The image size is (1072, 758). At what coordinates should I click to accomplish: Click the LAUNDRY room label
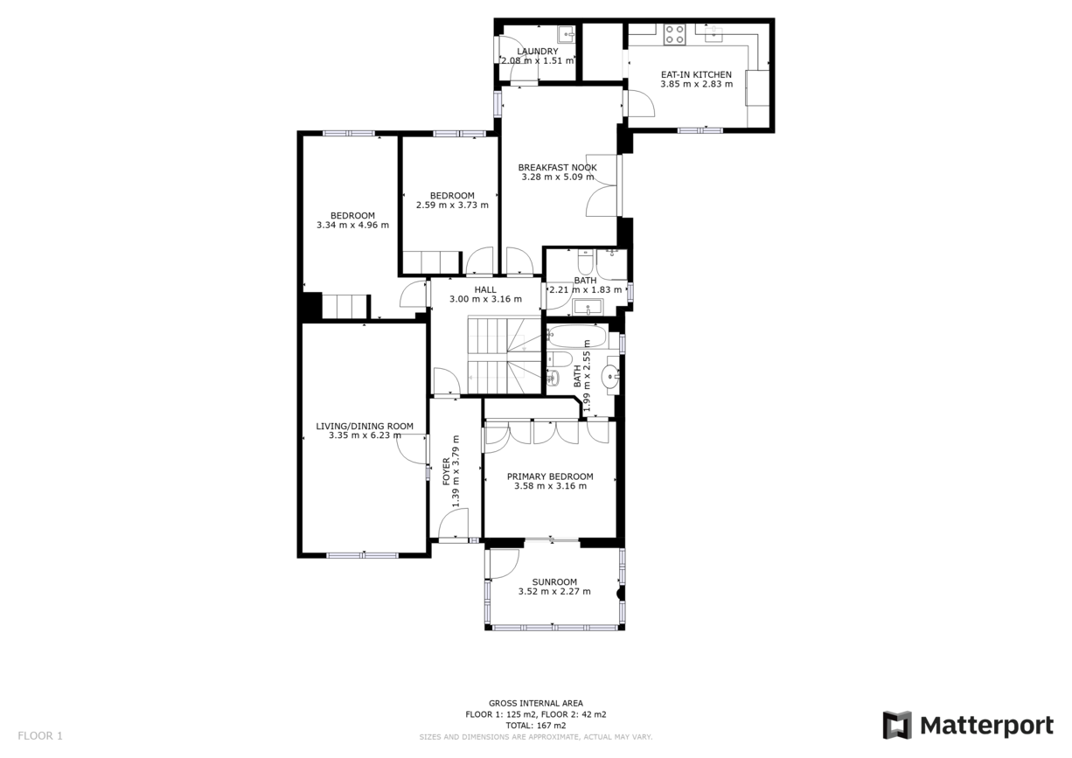pos(537,52)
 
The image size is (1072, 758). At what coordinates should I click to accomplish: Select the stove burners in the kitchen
pos(674,35)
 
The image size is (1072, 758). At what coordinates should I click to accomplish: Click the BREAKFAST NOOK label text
pos(557,167)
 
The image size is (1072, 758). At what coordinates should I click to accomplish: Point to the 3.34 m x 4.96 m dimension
pos(352,226)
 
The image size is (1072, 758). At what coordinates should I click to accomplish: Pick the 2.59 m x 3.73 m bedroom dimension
pos(451,205)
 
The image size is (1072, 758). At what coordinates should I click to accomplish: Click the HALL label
pos(485,289)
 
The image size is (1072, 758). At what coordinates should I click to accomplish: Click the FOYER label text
pos(446,470)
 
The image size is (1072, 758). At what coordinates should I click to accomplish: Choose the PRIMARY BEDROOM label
pos(550,476)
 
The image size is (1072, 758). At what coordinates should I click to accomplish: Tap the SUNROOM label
pos(554,582)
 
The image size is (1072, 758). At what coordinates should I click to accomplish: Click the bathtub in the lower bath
pos(576,337)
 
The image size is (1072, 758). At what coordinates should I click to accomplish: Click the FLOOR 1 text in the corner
pos(40,736)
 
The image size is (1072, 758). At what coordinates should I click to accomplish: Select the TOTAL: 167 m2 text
pos(536,726)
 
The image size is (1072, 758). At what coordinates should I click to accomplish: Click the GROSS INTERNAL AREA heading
pos(536,703)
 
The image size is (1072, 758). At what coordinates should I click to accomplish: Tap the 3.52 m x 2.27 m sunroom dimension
pos(554,592)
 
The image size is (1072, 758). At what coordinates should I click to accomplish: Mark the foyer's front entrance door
pos(453,526)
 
